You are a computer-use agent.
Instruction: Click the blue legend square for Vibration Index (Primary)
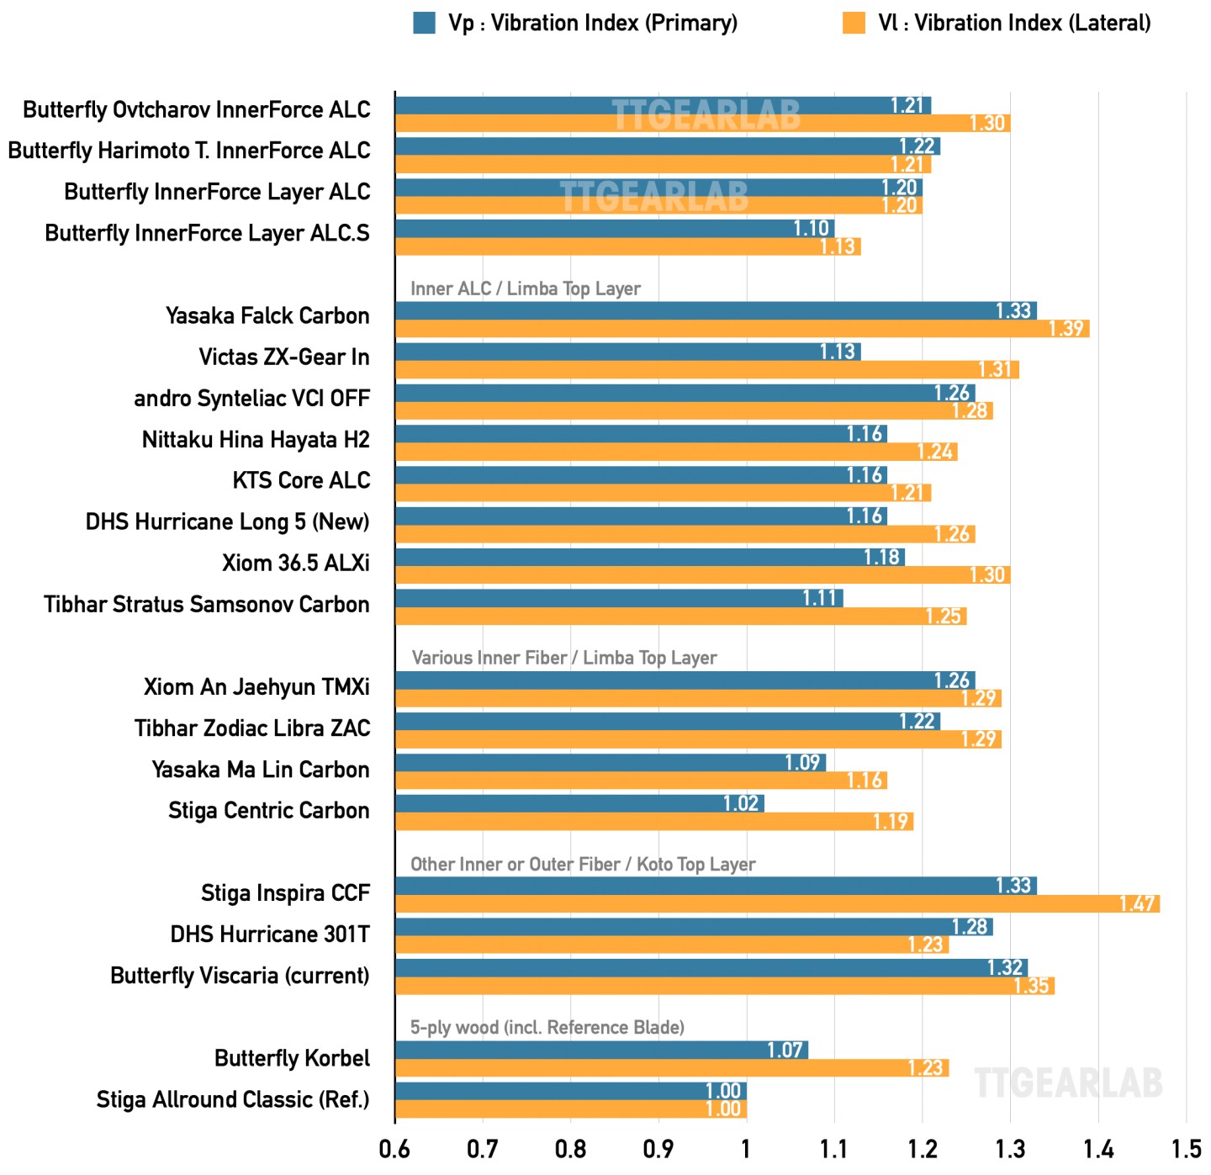[x=424, y=23]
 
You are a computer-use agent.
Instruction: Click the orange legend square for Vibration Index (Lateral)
[x=854, y=23]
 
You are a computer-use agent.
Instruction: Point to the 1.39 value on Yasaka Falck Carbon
[x=1066, y=329]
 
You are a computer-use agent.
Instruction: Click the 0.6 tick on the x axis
[x=394, y=1149]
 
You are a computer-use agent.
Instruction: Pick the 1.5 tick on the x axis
[x=1186, y=1149]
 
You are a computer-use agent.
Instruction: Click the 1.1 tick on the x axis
[x=834, y=1149]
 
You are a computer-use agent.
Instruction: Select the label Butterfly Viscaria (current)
[x=240, y=976]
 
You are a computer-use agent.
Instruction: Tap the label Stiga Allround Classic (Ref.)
[x=233, y=1099]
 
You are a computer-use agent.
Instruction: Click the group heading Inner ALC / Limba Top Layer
[x=525, y=288]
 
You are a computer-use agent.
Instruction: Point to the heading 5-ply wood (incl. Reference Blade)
[x=547, y=1027]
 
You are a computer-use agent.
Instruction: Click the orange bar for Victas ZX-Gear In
[x=706, y=369]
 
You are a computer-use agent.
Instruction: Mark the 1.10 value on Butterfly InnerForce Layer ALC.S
[x=812, y=228]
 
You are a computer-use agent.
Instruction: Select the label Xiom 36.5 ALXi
[x=295, y=563]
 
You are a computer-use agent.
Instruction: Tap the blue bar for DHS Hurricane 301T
[x=693, y=927]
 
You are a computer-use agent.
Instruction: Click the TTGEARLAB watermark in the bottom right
[x=1068, y=1083]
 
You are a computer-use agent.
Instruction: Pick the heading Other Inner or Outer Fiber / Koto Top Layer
[x=582, y=864]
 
